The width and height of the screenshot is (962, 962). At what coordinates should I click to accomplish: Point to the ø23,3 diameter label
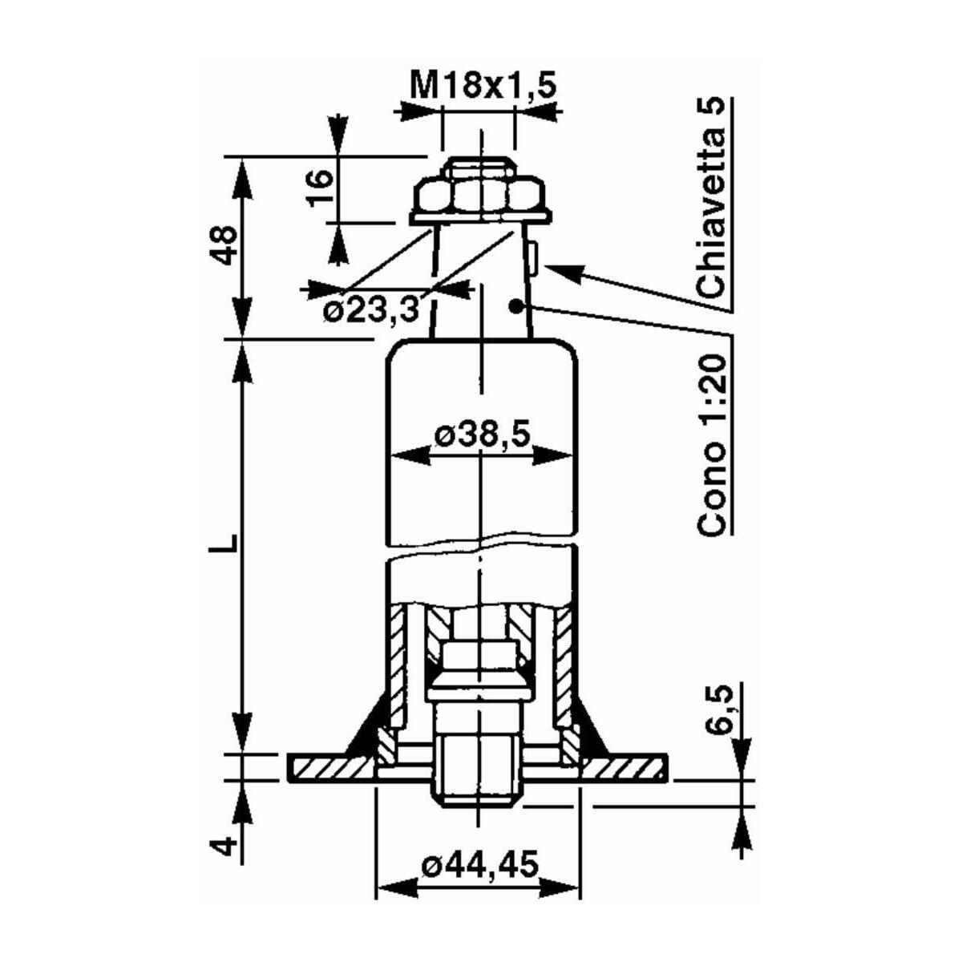370,312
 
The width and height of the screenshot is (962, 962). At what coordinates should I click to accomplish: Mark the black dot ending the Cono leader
515,306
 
